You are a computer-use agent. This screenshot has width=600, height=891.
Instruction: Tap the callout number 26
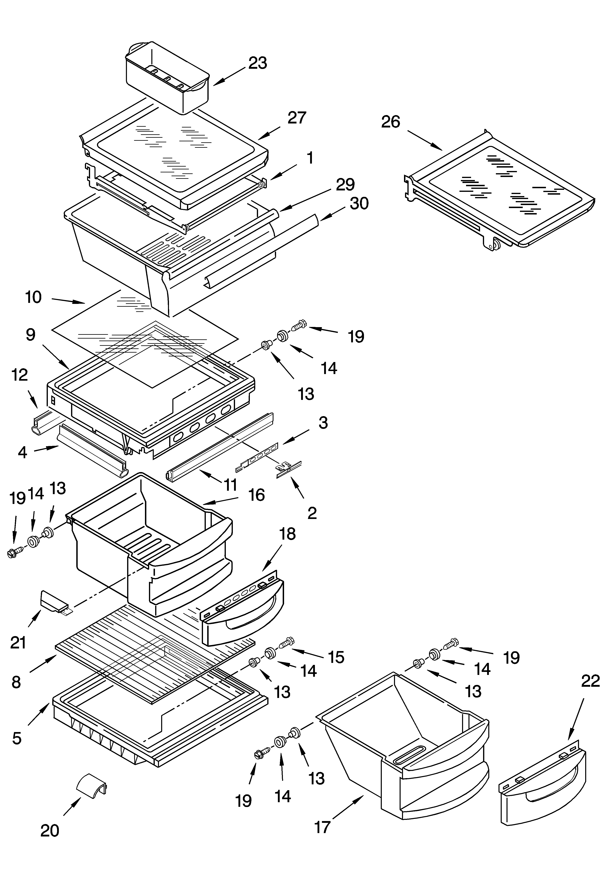pyautogui.click(x=390, y=122)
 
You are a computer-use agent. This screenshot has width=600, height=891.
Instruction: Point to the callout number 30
pyautogui.click(x=359, y=203)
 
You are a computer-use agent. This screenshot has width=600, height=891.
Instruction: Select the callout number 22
pyautogui.click(x=590, y=681)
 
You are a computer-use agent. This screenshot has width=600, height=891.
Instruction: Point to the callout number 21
pyautogui.click(x=18, y=642)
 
